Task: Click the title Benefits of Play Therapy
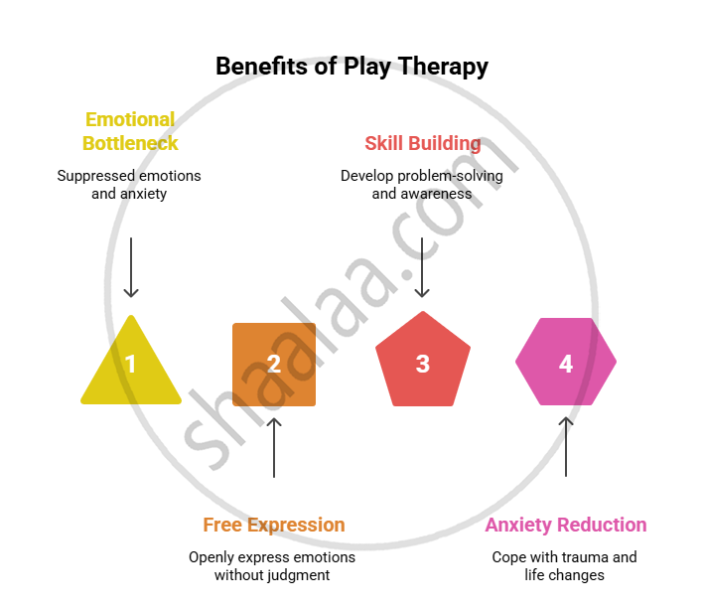[351, 67]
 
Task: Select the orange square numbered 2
[274, 364]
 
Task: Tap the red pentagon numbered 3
[422, 363]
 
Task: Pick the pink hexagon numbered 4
[566, 363]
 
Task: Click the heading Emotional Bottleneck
[130, 131]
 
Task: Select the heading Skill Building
[422, 143]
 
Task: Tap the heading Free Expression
[274, 525]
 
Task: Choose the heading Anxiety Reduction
[565, 525]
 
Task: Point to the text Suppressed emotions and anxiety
[129, 185]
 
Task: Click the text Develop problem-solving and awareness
[422, 185]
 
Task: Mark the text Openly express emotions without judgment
[272, 566]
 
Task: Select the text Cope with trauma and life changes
[564, 566]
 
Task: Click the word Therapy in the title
[444, 67]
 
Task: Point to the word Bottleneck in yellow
[130, 143]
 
